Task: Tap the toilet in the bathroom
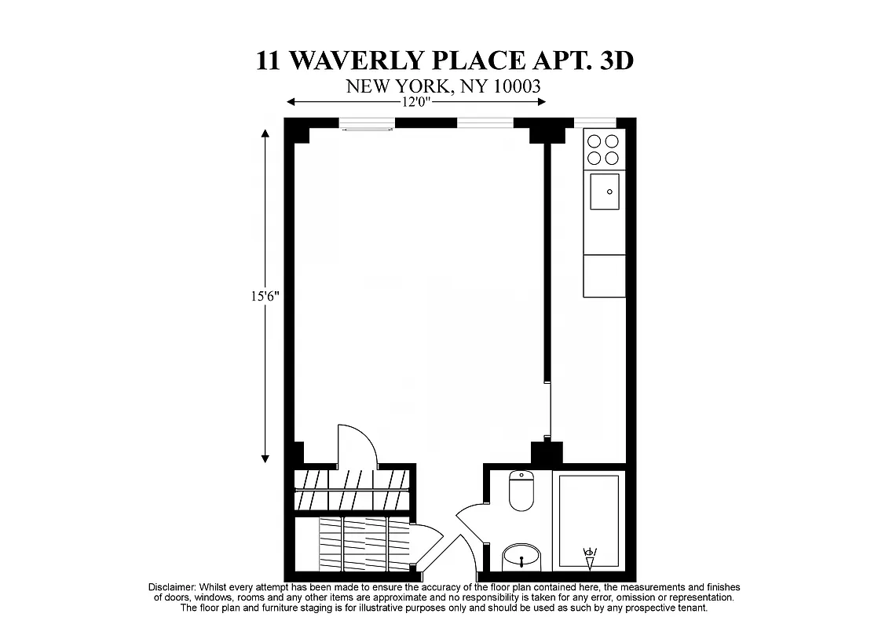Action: [x=521, y=491]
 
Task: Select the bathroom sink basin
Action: [x=521, y=557]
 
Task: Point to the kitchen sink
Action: [x=604, y=191]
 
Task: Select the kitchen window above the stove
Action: [x=594, y=122]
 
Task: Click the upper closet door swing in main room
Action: [x=358, y=444]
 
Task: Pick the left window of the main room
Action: [x=367, y=122]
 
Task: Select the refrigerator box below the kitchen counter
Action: [x=604, y=276]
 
